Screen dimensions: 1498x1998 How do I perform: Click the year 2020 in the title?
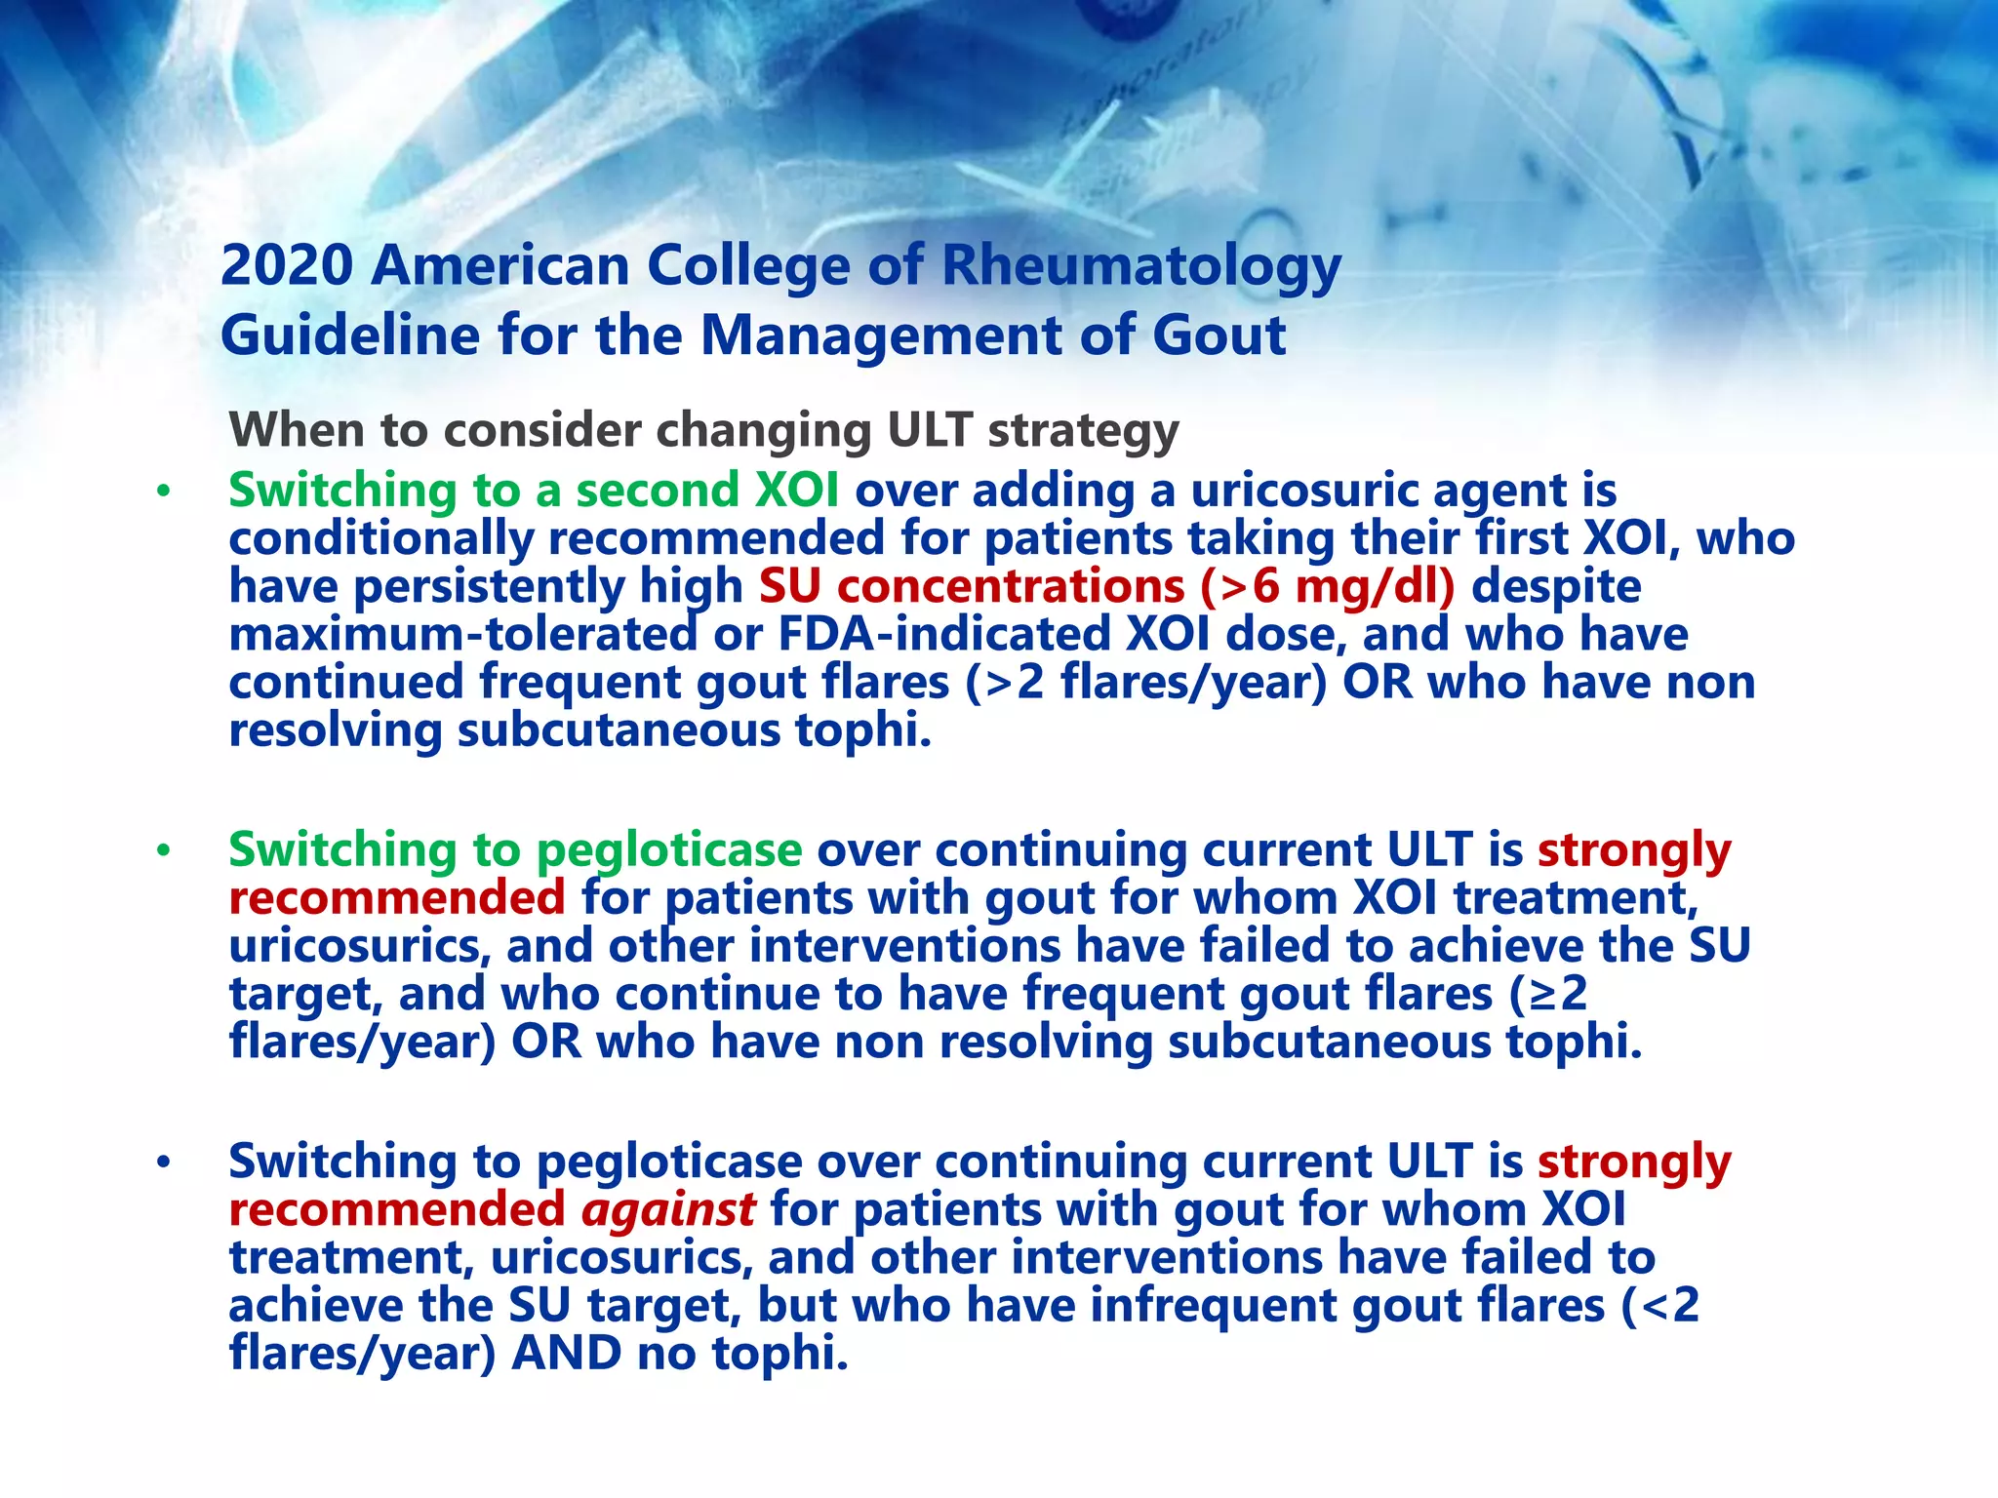(x=286, y=265)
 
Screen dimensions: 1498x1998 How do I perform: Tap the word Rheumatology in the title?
(x=1140, y=267)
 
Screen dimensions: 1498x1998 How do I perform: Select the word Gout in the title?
(x=1219, y=335)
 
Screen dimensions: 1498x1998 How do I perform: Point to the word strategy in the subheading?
(x=1082, y=431)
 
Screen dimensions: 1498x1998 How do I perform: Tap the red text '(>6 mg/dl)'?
(x=1327, y=586)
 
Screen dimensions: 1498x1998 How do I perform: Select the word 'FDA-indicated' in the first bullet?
(x=943, y=634)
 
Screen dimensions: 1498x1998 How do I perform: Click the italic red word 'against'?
(x=668, y=1209)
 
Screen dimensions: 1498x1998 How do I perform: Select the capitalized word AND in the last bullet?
(x=567, y=1353)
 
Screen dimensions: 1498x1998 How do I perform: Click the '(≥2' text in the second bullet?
(x=1548, y=994)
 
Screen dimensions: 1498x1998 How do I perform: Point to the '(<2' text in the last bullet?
(x=1659, y=1305)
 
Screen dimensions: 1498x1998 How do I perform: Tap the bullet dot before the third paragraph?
(x=163, y=1162)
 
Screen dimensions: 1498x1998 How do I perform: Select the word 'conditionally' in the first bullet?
(x=381, y=538)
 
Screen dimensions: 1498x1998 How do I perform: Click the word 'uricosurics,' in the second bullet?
(x=358, y=946)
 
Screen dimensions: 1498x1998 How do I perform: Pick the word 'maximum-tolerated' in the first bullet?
(x=462, y=634)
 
